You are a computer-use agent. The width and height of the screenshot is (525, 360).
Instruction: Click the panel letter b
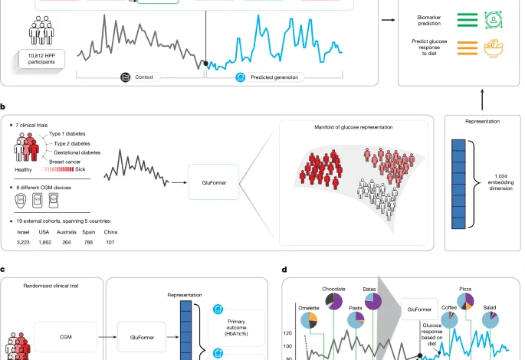[4, 110]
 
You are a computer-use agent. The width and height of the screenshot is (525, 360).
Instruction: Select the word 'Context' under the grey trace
[150, 77]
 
